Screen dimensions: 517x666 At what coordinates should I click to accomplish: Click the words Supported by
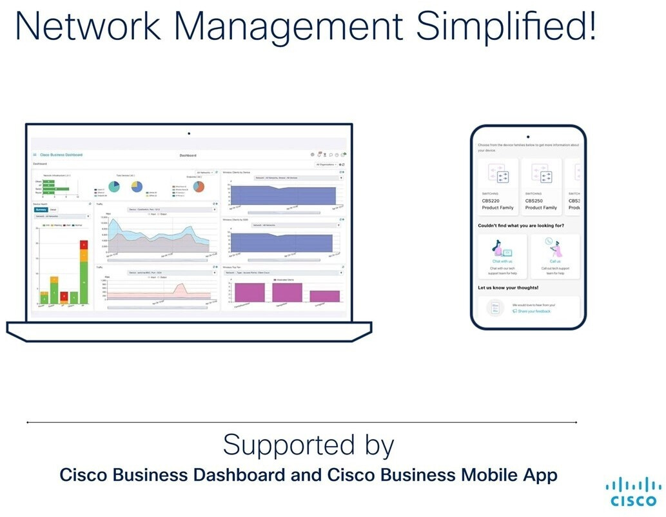(308, 445)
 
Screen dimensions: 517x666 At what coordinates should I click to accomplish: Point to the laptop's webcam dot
(189, 133)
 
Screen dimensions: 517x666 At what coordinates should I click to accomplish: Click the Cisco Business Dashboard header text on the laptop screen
(61, 155)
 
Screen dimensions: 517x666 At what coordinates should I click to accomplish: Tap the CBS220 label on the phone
(491, 200)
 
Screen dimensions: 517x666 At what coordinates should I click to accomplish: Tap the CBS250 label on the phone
(534, 200)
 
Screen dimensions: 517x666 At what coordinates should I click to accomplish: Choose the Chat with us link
(502, 261)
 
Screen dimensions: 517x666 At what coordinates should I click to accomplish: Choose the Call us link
(555, 261)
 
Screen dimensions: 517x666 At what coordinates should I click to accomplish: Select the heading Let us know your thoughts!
(508, 288)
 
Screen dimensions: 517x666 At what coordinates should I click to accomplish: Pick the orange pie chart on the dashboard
(198, 186)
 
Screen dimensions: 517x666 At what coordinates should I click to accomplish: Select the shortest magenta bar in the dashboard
(324, 296)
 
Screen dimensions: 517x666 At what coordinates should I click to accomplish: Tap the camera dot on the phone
(528, 137)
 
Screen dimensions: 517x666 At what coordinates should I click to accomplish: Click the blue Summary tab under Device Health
(41, 210)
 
